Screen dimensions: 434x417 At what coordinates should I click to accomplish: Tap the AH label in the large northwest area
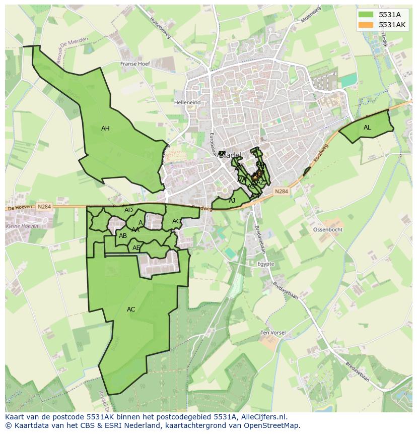[105, 129]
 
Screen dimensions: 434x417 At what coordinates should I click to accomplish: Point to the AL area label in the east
[367, 128]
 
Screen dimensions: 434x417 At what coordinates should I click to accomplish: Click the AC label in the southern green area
[131, 309]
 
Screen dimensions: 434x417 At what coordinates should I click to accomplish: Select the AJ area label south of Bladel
[232, 201]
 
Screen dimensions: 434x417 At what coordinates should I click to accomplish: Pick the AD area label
[128, 210]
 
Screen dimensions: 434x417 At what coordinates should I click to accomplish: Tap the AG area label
[176, 221]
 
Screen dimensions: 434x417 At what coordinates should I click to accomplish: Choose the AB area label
[122, 235]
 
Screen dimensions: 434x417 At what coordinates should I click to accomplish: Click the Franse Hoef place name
[135, 64]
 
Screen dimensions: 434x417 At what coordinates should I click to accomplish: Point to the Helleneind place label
[187, 102]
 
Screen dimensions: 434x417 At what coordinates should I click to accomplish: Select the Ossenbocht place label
[328, 229]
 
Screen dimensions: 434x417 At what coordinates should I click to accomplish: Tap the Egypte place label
[265, 264]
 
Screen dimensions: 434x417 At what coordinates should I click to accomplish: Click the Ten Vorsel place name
[272, 333]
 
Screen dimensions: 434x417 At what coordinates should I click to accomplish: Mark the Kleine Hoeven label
[22, 225]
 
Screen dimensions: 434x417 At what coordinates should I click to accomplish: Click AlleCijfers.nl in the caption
[261, 417]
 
